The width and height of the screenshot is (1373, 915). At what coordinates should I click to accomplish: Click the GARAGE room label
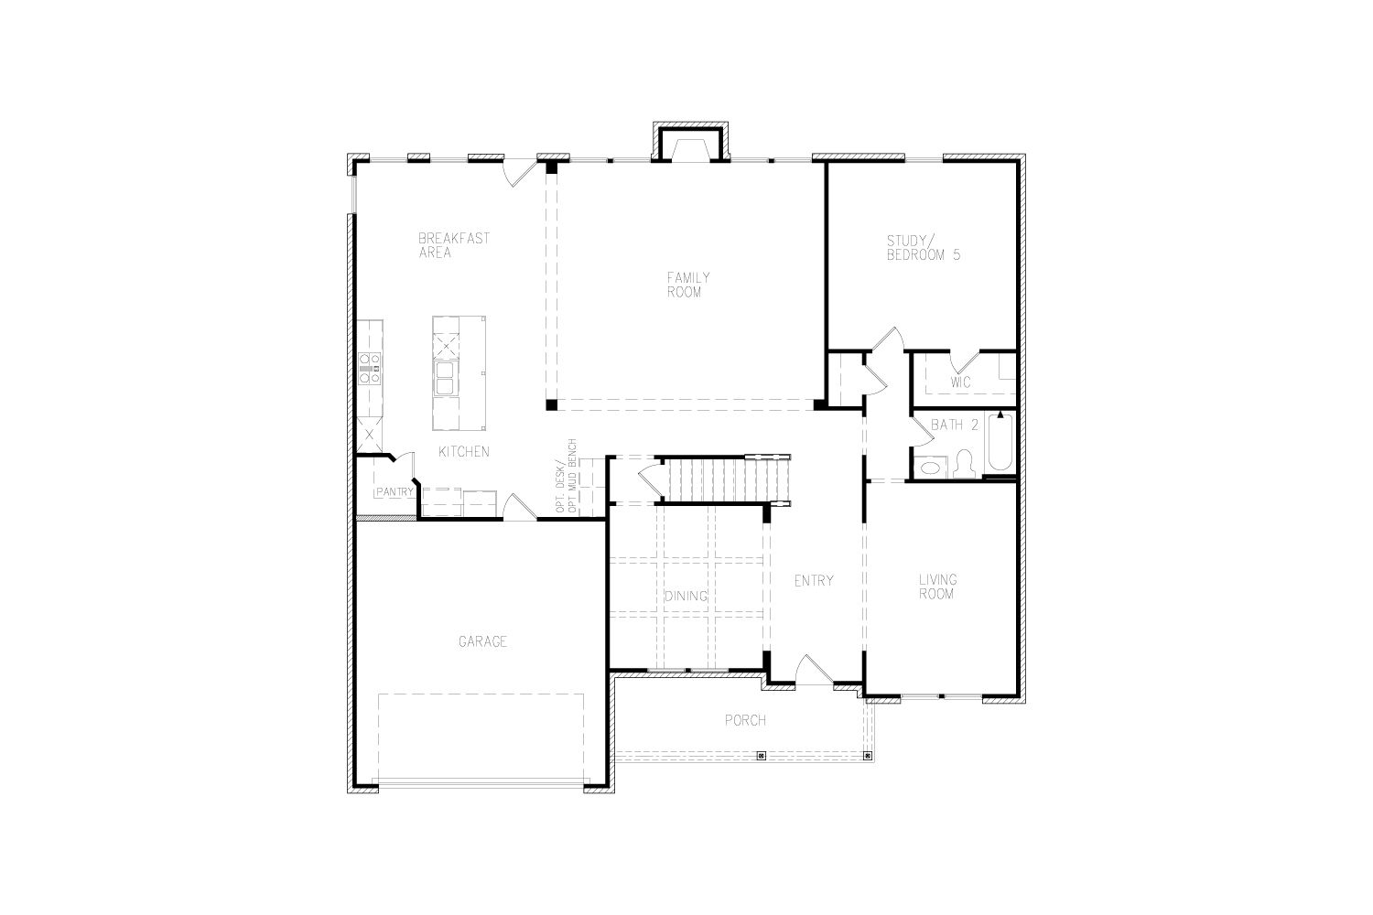(x=482, y=641)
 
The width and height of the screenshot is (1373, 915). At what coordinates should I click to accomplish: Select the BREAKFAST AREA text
(x=454, y=245)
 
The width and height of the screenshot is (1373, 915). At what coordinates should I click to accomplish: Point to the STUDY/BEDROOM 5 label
(x=923, y=248)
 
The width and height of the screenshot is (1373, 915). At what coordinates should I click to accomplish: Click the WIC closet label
(x=960, y=382)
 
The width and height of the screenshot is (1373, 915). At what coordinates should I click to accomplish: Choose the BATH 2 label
(x=955, y=425)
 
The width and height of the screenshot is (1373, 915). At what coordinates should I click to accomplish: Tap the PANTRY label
(x=395, y=491)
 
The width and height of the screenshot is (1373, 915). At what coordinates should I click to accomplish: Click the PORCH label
(x=745, y=720)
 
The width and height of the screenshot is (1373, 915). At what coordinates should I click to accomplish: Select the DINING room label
(x=686, y=596)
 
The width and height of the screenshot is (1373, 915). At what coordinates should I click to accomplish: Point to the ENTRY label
(x=814, y=580)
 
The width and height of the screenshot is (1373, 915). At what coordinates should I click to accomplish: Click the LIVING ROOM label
(x=937, y=587)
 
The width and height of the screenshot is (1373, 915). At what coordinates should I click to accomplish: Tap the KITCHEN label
(x=464, y=452)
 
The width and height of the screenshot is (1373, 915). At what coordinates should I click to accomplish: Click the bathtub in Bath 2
(x=1000, y=442)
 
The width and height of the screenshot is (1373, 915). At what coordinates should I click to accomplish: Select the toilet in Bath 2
(x=966, y=464)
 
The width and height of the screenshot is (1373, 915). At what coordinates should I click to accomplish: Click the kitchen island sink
(x=444, y=378)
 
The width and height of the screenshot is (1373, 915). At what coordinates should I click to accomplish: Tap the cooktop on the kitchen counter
(x=370, y=368)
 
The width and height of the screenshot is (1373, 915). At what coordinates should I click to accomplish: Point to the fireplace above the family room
(x=691, y=142)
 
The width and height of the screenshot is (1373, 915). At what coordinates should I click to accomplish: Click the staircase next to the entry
(x=728, y=479)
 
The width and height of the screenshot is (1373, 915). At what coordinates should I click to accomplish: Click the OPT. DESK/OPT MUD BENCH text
(x=567, y=476)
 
